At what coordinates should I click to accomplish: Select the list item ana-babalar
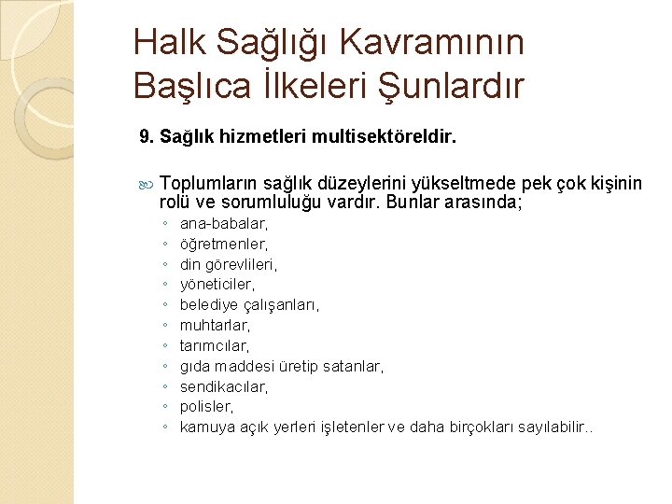(x=224, y=224)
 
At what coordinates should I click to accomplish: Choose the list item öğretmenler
(x=224, y=244)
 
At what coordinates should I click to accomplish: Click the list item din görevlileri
(x=229, y=264)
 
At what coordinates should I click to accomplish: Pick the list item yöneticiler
(x=217, y=285)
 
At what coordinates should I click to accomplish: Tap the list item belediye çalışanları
(x=249, y=305)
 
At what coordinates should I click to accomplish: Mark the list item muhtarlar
(x=216, y=326)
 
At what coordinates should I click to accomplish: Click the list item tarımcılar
(x=215, y=346)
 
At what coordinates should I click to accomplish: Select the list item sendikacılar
(x=224, y=386)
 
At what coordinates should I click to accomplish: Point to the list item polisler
(x=207, y=407)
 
